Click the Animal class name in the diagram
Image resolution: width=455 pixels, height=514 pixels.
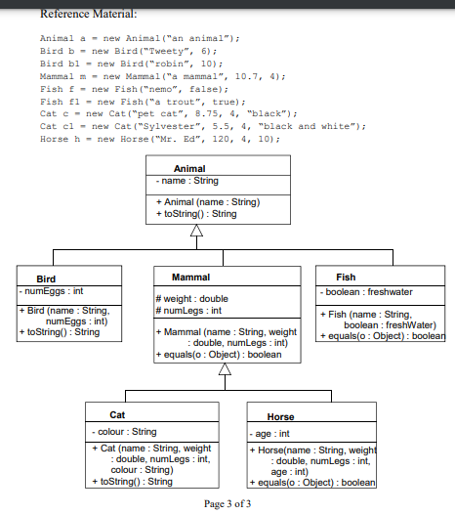(189, 168)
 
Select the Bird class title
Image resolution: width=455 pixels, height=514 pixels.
(46, 278)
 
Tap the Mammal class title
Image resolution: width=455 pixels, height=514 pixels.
(190, 278)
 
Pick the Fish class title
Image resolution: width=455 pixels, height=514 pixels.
(346, 278)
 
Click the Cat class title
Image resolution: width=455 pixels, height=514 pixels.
(117, 415)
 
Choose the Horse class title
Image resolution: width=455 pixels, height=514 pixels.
(280, 416)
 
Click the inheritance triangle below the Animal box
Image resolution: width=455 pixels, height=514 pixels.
(196, 230)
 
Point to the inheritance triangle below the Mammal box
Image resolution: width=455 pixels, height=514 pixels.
(225, 368)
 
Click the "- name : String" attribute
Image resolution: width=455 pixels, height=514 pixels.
(187, 181)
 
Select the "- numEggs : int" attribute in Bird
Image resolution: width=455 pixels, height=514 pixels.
(51, 291)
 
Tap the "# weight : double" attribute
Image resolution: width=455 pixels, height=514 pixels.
(192, 299)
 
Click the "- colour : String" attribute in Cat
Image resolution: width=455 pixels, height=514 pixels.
(124, 432)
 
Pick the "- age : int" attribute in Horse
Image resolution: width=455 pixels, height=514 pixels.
(269, 434)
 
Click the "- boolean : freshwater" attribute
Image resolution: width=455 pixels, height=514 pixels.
(366, 292)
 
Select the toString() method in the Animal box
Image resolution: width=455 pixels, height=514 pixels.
(196, 214)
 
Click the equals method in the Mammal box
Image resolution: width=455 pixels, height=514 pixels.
(219, 355)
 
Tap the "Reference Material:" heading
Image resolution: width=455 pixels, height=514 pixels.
(89, 14)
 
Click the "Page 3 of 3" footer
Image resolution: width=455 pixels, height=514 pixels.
(227, 504)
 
